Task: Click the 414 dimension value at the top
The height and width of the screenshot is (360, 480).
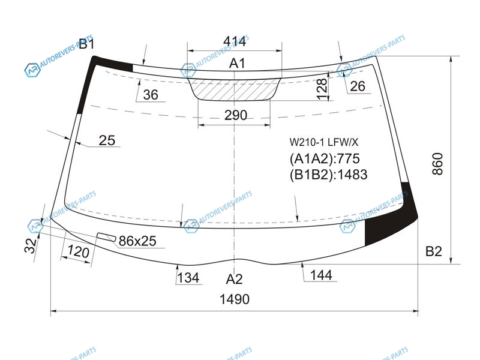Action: point(235,41)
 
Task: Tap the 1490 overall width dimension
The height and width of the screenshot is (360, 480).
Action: point(235,299)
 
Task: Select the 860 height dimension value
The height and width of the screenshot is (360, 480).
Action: point(438,164)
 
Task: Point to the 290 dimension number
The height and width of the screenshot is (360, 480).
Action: point(236,115)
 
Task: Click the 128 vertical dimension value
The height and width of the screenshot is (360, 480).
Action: point(322,89)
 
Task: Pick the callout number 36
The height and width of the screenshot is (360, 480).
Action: point(151,95)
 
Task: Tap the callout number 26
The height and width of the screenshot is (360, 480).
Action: point(357,86)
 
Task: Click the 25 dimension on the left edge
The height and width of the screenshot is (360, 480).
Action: point(107,140)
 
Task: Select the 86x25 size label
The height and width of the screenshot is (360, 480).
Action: point(137,241)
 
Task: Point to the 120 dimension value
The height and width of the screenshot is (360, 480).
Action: point(79,251)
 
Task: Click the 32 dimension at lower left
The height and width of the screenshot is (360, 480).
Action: point(31,245)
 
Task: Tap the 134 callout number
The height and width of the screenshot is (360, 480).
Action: point(188,278)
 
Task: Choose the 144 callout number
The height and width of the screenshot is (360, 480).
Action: point(321,275)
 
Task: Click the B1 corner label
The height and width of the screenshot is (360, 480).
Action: point(86,44)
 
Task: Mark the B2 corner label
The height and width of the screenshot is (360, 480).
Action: point(434,251)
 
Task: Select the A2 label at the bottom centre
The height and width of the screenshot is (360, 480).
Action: point(234,279)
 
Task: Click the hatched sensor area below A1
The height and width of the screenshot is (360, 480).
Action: point(234,89)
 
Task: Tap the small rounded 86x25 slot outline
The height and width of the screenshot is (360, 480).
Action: point(107,236)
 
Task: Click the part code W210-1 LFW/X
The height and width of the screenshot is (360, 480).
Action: point(324,142)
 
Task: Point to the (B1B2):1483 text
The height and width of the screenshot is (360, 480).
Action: point(328,175)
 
